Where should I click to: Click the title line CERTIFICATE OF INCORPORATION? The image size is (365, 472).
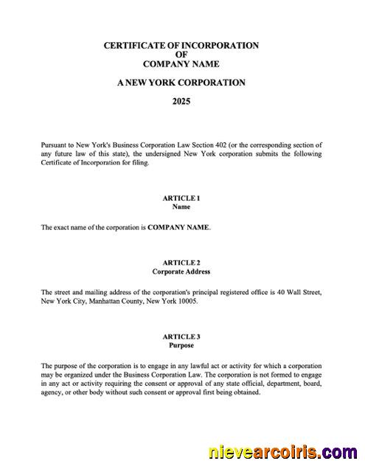(181, 46)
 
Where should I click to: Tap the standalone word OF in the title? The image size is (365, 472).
(181, 55)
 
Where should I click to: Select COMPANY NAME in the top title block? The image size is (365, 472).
(181, 64)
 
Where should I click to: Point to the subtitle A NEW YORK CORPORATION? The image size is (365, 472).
(181, 83)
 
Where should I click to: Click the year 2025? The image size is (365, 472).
(181, 101)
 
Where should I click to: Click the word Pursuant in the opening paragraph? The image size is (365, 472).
(55, 145)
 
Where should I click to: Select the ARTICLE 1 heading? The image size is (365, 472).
(181, 198)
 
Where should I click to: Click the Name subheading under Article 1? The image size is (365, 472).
(181, 207)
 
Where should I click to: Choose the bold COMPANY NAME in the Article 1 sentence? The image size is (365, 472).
(178, 228)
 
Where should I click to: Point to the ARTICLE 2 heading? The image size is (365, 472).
(181, 263)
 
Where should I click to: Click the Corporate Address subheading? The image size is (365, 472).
(181, 271)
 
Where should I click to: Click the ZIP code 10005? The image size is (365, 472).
(186, 301)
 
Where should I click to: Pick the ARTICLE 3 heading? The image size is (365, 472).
(181, 336)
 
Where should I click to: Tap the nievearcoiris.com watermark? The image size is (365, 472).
(283, 451)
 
